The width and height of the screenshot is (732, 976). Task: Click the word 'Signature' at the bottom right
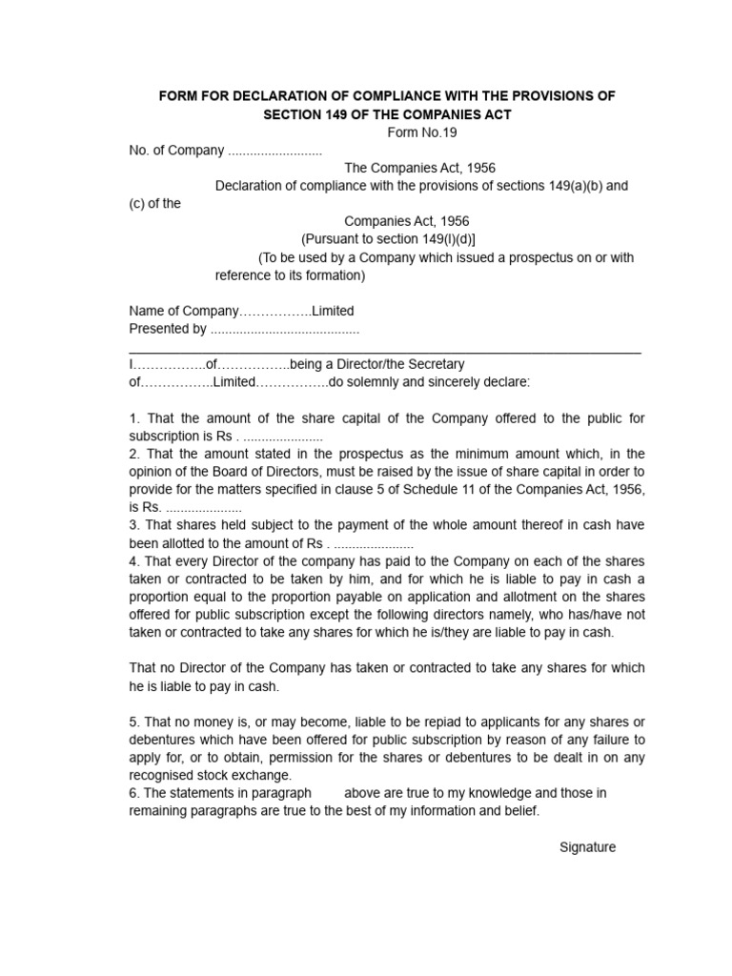coord(587,846)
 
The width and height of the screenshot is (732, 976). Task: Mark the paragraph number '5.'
coord(134,722)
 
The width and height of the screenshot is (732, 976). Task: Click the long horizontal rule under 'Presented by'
coord(385,353)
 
